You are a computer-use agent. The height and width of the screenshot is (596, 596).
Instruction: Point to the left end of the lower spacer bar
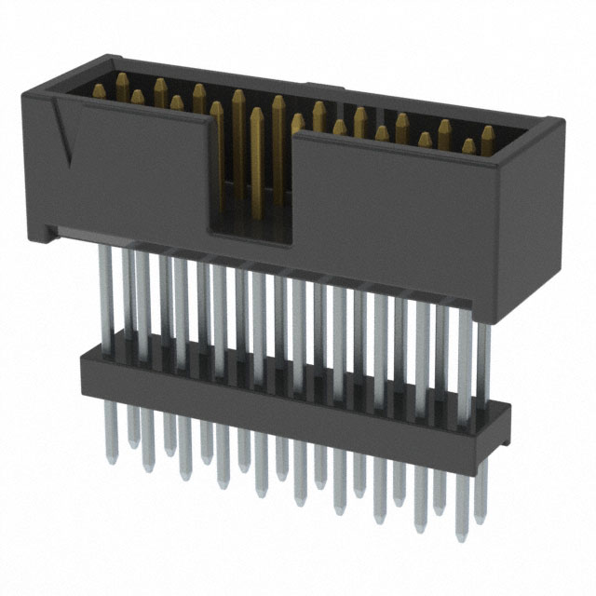[x=86, y=363]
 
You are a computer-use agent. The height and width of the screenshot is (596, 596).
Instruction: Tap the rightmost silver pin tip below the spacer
[x=479, y=517]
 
